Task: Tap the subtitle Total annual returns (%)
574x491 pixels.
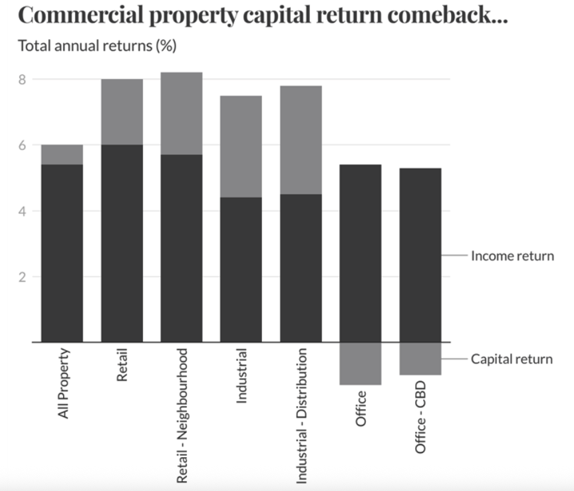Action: pyautogui.click(x=96, y=47)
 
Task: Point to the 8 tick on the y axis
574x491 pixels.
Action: pyautogui.click(x=21, y=80)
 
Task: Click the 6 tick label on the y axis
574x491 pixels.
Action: pyautogui.click(x=21, y=145)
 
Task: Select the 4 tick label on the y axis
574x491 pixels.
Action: pyautogui.click(x=21, y=211)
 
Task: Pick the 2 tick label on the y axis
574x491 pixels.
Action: pyautogui.click(x=21, y=276)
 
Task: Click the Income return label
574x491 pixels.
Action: pyautogui.click(x=511, y=256)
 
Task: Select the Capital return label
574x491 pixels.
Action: pyautogui.click(x=511, y=359)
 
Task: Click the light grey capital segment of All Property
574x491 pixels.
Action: pyautogui.click(x=62, y=155)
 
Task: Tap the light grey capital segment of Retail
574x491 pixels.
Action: pyautogui.click(x=122, y=112)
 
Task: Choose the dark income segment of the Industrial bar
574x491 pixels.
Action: pyautogui.click(x=241, y=269)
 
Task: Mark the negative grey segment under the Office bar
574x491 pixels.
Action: pyautogui.click(x=360, y=363)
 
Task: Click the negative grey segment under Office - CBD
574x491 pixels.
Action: pyautogui.click(x=420, y=359)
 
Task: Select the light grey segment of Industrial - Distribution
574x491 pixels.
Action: pyautogui.click(x=301, y=140)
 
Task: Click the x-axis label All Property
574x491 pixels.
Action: pyautogui.click(x=64, y=384)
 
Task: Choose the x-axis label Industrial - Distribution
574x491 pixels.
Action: pyautogui.click(x=301, y=415)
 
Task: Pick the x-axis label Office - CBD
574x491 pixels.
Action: pyautogui.click(x=420, y=399)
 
